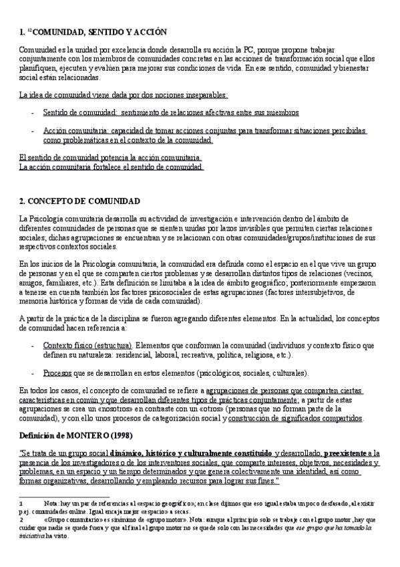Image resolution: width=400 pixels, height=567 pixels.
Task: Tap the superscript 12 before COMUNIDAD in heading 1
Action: click(29, 31)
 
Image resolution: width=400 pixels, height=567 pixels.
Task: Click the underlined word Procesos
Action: click(58, 372)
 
